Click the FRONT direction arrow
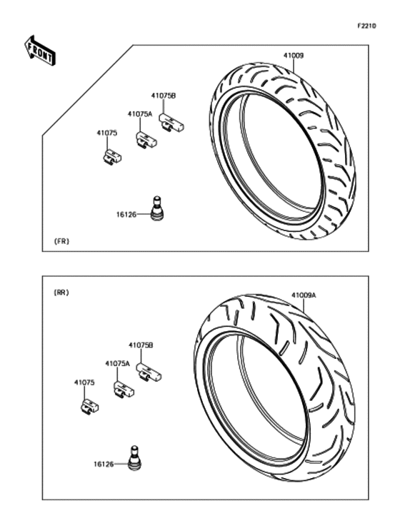pos(40,51)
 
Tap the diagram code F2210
pos(366,26)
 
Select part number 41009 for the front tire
pos(294,56)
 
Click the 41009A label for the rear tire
pos(304,295)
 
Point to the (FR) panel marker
pos(61,241)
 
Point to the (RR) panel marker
pos(61,293)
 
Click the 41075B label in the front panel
pos(164,96)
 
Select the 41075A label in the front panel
pos(140,114)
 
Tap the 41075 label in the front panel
pos(107,133)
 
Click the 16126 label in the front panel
pos(126,215)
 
